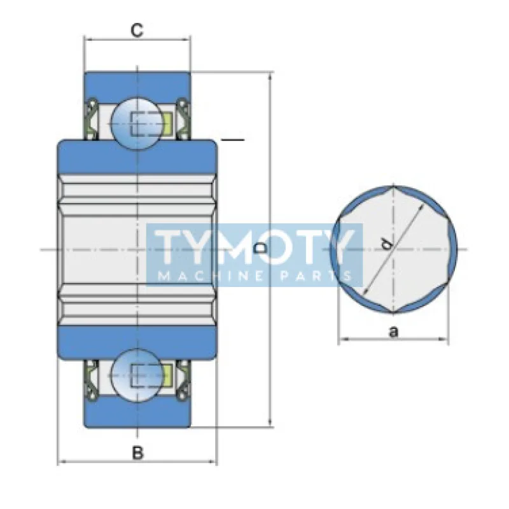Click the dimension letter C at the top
tap(137, 30)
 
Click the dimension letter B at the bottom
tap(137, 452)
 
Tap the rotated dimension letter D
tap(260, 248)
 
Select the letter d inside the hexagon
tap(386, 244)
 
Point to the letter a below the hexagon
tap(393, 331)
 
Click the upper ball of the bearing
tap(137, 123)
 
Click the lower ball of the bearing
tap(137, 375)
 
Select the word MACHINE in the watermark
tap(211, 276)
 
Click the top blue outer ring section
tap(137, 85)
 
